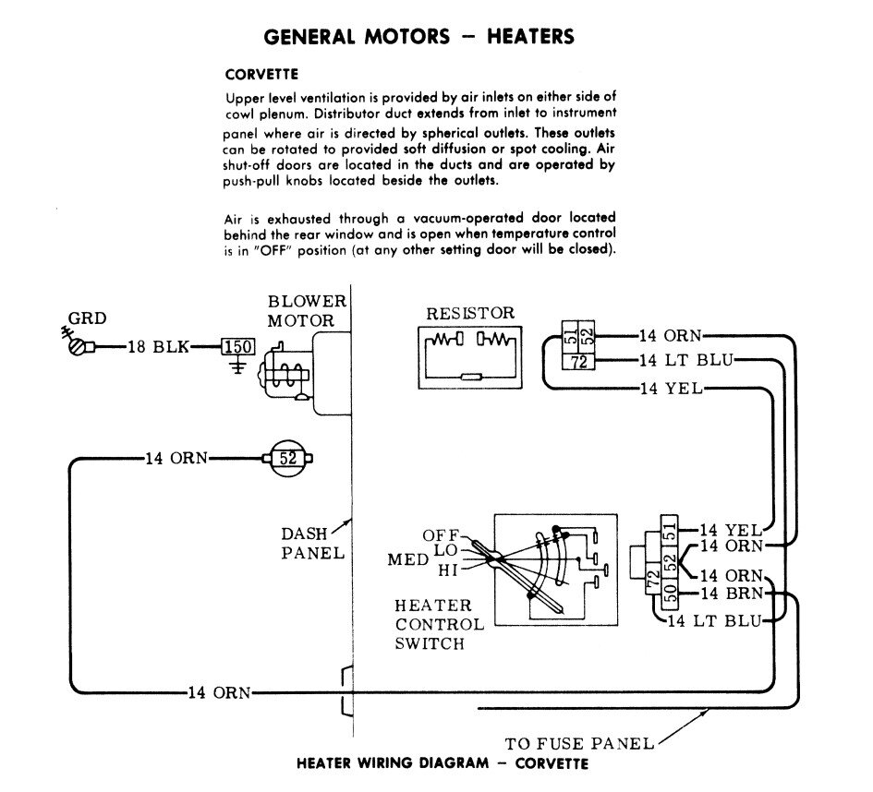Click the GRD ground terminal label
(93, 318)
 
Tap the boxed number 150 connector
(238, 347)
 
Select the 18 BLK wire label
(159, 347)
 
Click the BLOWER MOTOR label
(307, 311)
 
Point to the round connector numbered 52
(289, 457)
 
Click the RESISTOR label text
(470, 314)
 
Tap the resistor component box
(471, 355)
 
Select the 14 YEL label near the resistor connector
(670, 389)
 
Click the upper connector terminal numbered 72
(579, 362)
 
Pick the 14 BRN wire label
(731, 593)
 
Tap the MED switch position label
(409, 559)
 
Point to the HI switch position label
(448, 570)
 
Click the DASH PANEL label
(313, 544)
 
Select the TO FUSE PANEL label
(580, 743)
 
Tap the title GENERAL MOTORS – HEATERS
(419, 36)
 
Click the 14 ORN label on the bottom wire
(219, 693)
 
